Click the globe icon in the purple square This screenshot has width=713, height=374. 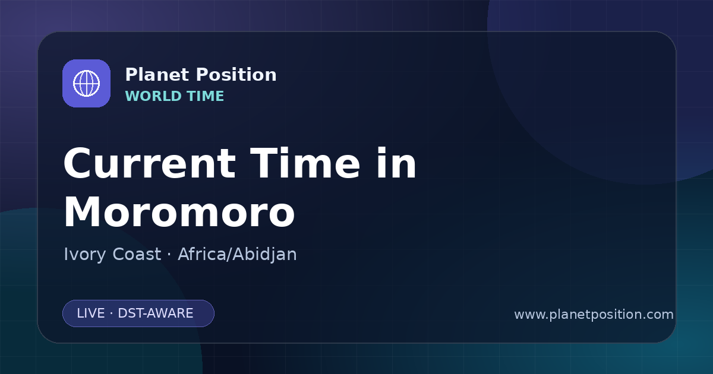[x=86, y=83]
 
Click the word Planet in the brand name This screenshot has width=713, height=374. [x=157, y=75]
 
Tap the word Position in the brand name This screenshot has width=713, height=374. [x=236, y=75]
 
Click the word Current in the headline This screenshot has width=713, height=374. [x=150, y=163]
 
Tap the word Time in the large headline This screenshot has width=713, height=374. [x=305, y=163]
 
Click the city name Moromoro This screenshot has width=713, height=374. [x=179, y=212]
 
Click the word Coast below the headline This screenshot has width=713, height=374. [x=137, y=254]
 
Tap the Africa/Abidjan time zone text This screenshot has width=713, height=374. [x=237, y=255]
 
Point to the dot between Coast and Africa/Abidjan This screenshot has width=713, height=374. [x=169, y=255]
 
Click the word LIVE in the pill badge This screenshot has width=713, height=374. [x=91, y=313]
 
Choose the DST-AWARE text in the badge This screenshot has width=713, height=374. [x=155, y=313]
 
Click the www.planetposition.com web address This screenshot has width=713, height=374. [x=594, y=315]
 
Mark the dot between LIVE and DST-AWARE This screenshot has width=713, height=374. [x=112, y=313]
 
